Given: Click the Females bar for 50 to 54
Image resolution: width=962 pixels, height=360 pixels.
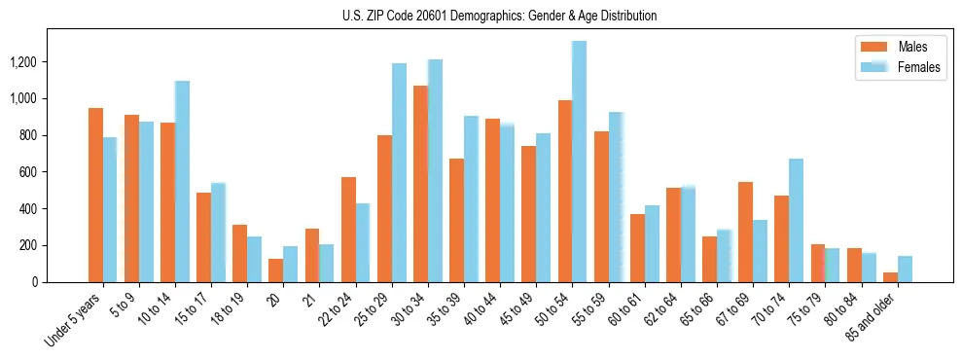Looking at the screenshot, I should pos(579,162).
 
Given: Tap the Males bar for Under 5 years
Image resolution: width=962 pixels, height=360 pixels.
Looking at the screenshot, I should pos(95,195).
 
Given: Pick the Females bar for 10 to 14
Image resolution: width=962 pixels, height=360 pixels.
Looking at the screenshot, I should pos(182,182).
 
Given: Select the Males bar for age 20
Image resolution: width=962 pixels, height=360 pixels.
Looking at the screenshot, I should pos(276,270).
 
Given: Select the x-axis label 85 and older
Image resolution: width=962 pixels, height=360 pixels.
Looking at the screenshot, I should pos(875,316).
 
